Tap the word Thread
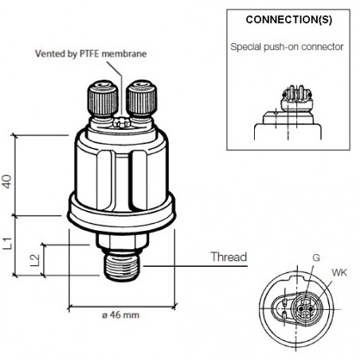coord(229,257)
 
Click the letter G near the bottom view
coord(317,259)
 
